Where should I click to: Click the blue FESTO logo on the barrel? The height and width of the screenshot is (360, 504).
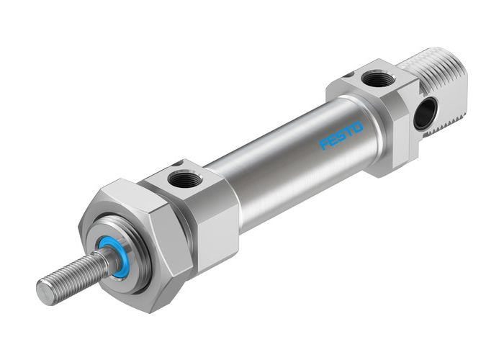tap(342, 135)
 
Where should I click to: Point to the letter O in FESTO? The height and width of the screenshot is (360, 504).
tap(359, 127)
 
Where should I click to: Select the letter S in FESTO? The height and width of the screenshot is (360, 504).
tap(342, 136)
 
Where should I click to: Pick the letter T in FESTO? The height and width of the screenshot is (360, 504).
tap(350, 131)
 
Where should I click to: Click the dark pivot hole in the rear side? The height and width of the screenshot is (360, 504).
tap(426, 113)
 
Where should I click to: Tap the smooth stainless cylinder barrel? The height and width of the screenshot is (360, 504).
tap(288, 158)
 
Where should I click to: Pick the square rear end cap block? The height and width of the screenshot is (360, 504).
tap(389, 122)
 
